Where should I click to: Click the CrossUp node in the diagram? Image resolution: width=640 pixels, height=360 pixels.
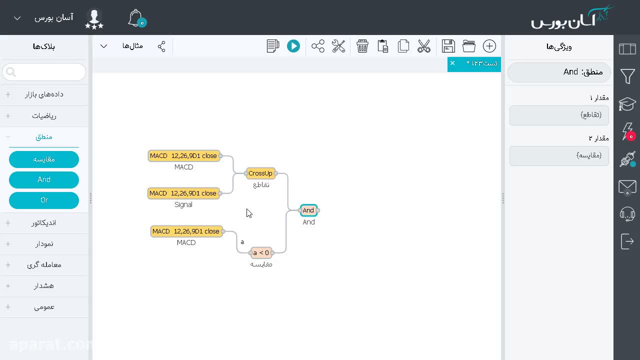pyautogui.click(x=260, y=173)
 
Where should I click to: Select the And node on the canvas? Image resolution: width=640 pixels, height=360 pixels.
pyautogui.click(x=308, y=210)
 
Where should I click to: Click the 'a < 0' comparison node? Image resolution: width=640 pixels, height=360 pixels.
pyautogui.click(x=261, y=253)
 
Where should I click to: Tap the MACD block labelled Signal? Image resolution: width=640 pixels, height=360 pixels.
pyautogui.click(x=183, y=193)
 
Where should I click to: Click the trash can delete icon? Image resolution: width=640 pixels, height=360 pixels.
pyautogui.click(x=362, y=46)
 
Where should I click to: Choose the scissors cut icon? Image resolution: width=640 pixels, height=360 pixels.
pyautogui.click(x=423, y=46)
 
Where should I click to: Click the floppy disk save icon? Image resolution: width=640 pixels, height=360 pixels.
pyautogui.click(x=448, y=46)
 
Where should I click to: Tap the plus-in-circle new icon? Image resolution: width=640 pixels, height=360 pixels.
pyautogui.click(x=489, y=46)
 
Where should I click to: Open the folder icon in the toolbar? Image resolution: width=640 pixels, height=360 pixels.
pyautogui.click(x=469, y=46)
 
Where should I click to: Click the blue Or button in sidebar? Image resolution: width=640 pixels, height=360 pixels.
pyautogui.click(x=44, y=200)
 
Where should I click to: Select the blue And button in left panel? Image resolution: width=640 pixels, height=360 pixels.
pyautogui.click(x=44, y=179)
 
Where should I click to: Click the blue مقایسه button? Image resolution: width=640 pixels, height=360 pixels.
pyautogui.click(x=44, y=159)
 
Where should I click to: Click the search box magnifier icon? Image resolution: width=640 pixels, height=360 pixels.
pyautogui.click(x=11, y=72)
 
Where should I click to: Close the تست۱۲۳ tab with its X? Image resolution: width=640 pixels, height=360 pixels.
pyautogui.click(x=452, y=63)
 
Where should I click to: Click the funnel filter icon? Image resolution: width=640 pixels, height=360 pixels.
pyautogui.click(x=627, y=76)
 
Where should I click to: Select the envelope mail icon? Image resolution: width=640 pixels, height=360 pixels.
pyautogui.click(x=627, y=187)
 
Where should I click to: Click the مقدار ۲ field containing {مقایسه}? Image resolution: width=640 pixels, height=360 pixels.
pyautogui.click(x=559, y=155)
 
